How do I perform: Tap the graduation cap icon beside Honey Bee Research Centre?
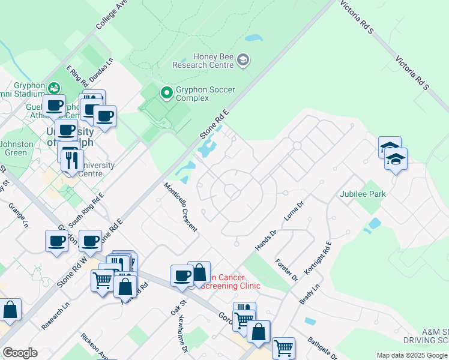tap(243, 59)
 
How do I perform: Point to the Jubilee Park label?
tap(362, 194)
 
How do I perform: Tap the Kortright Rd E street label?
tap(318, 259)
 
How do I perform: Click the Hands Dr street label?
tap(265, 240)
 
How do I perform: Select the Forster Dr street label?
tap(286, 270)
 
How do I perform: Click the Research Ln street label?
tap(56, 316)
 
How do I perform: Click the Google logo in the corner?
tap(20, 353)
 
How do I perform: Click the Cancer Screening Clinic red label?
tap(232, 281)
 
